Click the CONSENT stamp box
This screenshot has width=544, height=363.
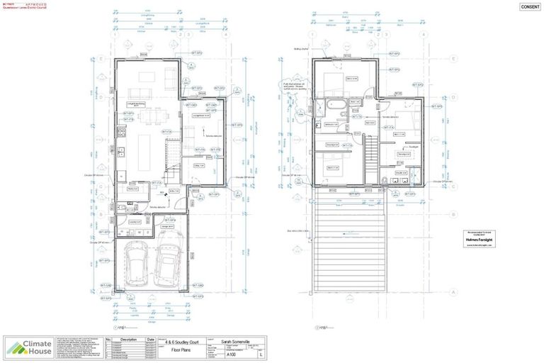(x=529, y=7)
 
